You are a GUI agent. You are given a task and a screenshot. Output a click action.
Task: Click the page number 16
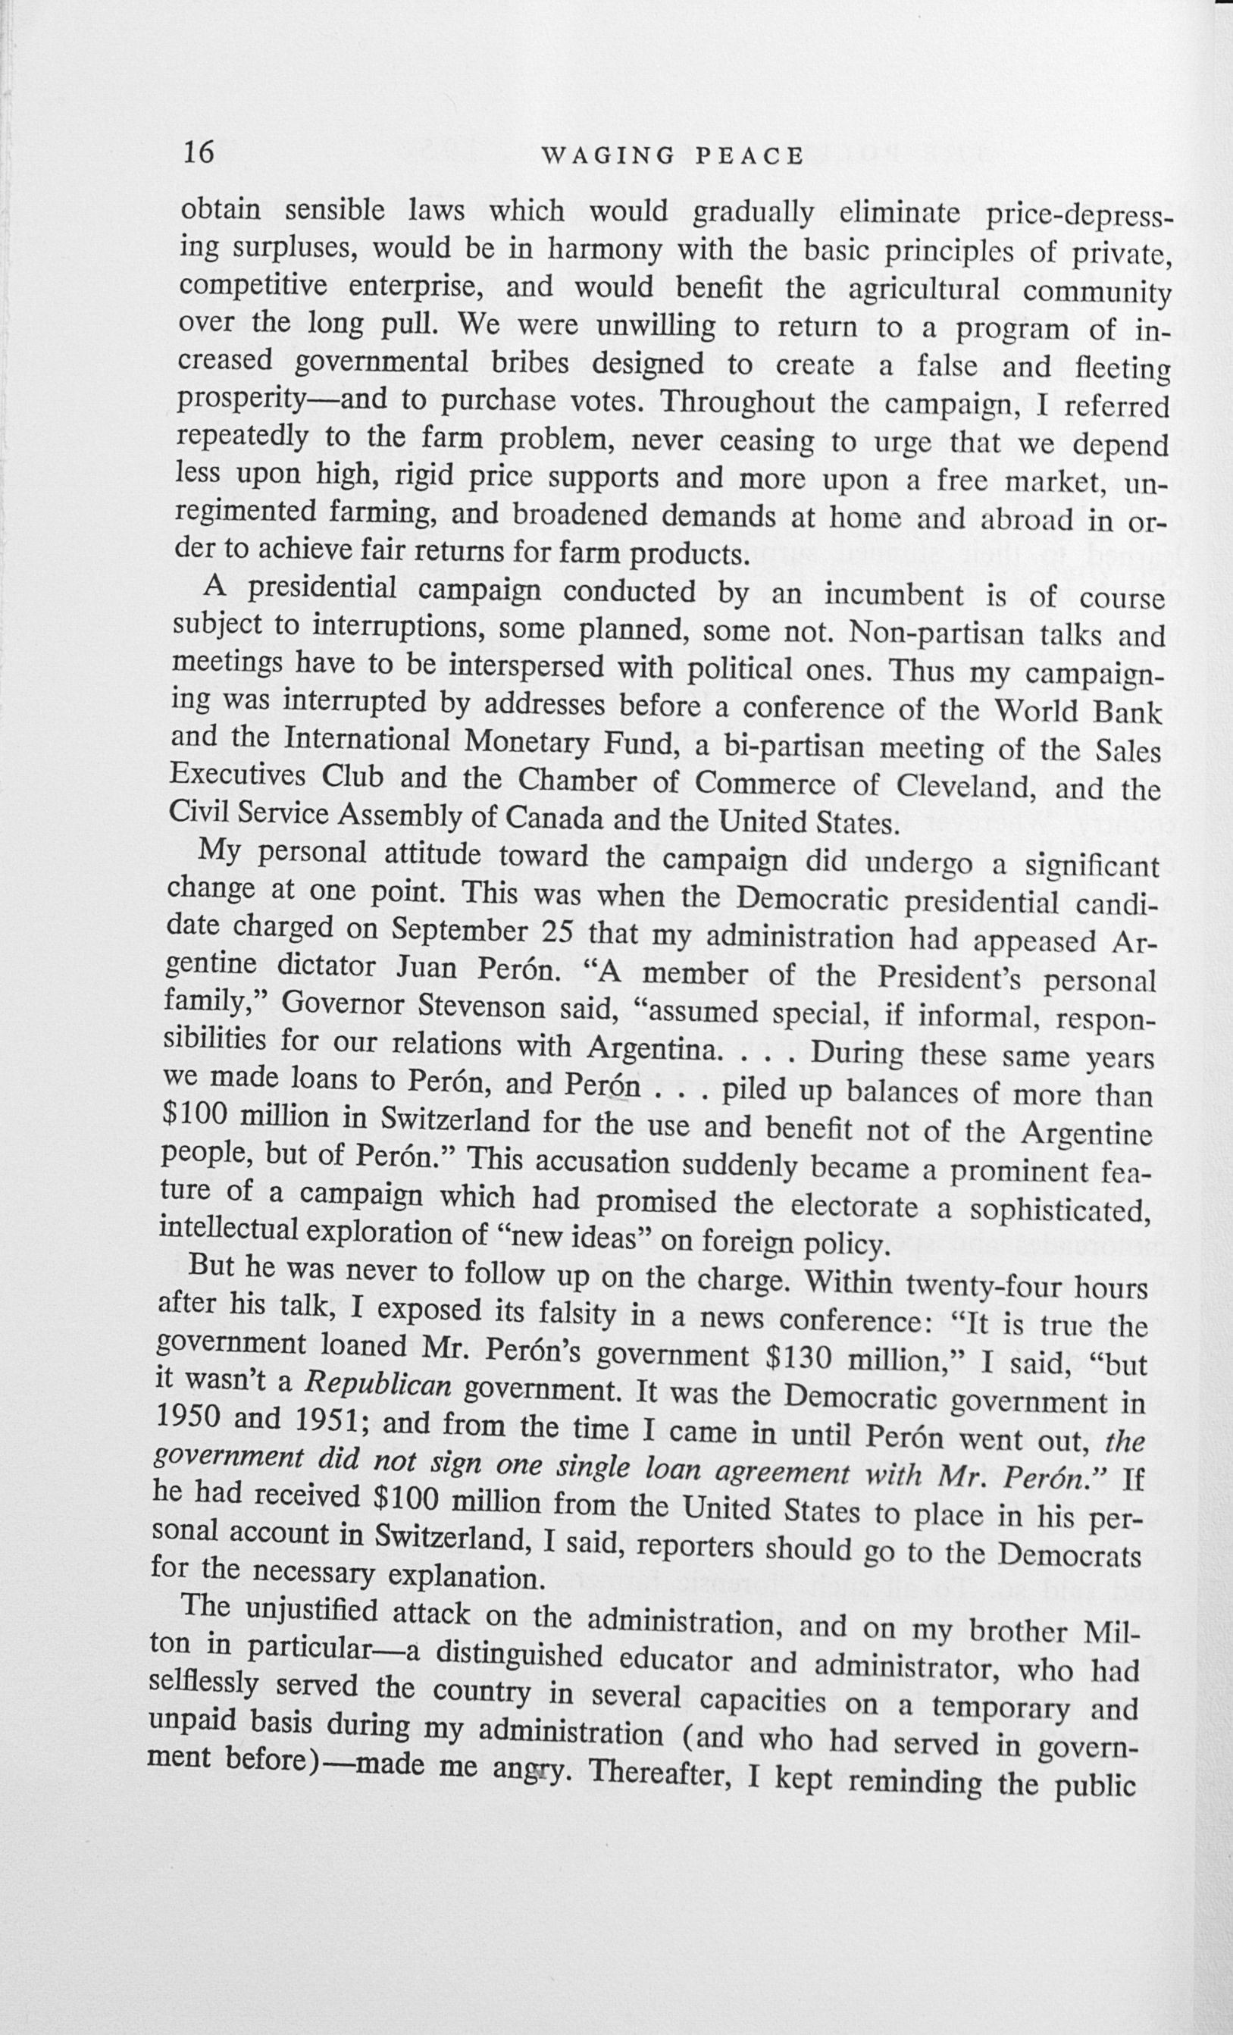point(199,153)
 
